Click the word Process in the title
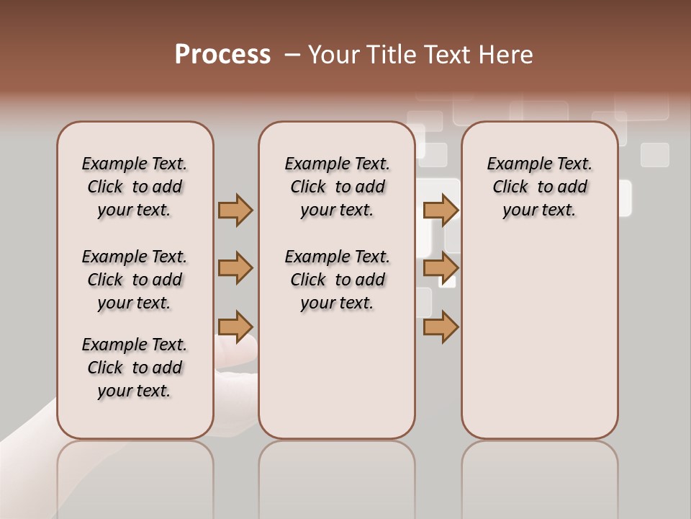[x=222, y=55]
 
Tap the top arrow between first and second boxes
[x=235, y=210]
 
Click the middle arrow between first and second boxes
[x=235, y=268]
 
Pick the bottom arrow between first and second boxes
[x=235, y=327]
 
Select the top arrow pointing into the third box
[x=441, y=210]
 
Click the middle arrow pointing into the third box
[x=441, y=268]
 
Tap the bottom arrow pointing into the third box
[x=441, y=327]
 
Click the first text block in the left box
[x=135, y=187]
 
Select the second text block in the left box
[x=135, y=280]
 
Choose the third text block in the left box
[x=135, y=368]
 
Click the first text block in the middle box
[x=337, y=187]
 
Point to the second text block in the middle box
[x=337, y=280]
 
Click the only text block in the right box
[x=539, y=187]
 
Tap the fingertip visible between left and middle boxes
[x=238, y=353]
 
